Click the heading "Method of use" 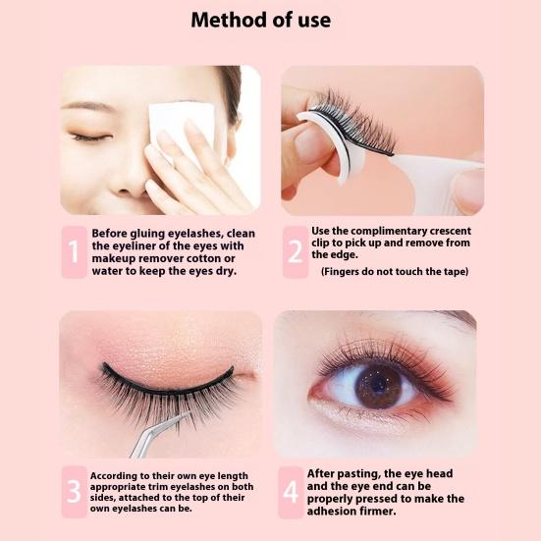260,20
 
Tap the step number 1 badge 75,252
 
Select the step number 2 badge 296,252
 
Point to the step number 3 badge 75,492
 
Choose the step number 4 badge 291,492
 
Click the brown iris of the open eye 378,387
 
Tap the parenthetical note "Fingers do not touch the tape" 395,272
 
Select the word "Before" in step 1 109,234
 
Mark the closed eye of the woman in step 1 89,137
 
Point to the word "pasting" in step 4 357,474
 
